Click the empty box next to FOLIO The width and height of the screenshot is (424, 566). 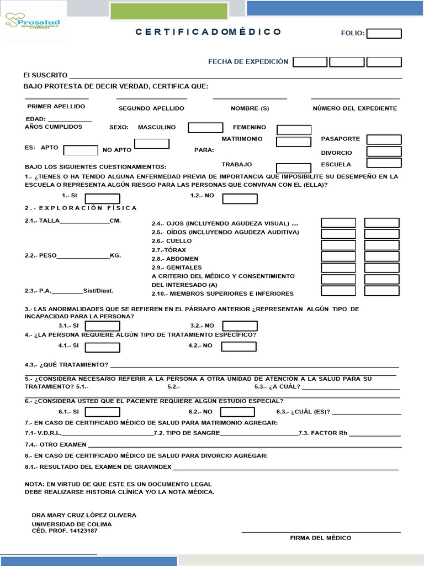coord(384,34)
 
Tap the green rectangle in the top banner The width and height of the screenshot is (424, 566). coord(169,11)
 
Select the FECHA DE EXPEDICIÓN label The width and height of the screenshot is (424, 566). coord(248,61)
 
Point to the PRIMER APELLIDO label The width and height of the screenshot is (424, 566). coord(56,106)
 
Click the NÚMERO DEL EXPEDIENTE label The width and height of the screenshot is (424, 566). coord(354,108)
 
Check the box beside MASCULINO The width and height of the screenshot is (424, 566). coord(205,128)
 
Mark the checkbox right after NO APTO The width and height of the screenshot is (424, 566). coord(152,144)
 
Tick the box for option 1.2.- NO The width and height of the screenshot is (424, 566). coord(240,199)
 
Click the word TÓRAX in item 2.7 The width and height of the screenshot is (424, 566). coord(176,250)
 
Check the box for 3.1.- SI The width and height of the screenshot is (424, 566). coord(102,326)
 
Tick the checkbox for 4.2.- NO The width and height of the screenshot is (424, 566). coord(239,347)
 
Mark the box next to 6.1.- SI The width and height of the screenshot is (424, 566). coord(102,412)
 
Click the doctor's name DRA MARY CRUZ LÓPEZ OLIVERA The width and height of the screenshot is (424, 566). coord(84,515)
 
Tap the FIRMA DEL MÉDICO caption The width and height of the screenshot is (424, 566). coord(320,538)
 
